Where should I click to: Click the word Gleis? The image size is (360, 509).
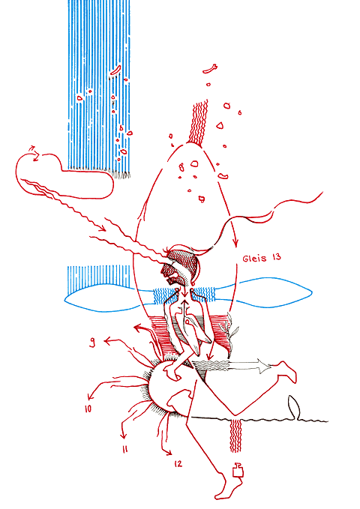point(254,259)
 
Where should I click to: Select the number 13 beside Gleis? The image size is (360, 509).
point(277,257)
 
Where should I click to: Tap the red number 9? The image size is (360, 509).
point(92,342)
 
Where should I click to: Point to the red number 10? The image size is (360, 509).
point(88,409)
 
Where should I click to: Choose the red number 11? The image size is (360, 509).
point(125,449)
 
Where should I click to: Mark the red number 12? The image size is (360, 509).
point(178,464)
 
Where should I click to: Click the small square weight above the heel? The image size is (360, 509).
point(238,470)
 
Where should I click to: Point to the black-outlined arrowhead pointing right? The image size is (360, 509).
point(264,366)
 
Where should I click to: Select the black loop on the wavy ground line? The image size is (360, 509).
point(294,407)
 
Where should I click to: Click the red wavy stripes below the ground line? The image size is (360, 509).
point(236,436)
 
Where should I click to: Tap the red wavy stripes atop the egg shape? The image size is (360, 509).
point(199,124)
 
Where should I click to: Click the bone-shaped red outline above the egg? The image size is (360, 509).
point(209,69)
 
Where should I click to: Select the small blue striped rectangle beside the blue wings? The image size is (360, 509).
point(98,276)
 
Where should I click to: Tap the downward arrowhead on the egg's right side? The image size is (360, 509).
point(235,242)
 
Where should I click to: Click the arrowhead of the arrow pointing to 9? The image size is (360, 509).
point(107,341)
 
